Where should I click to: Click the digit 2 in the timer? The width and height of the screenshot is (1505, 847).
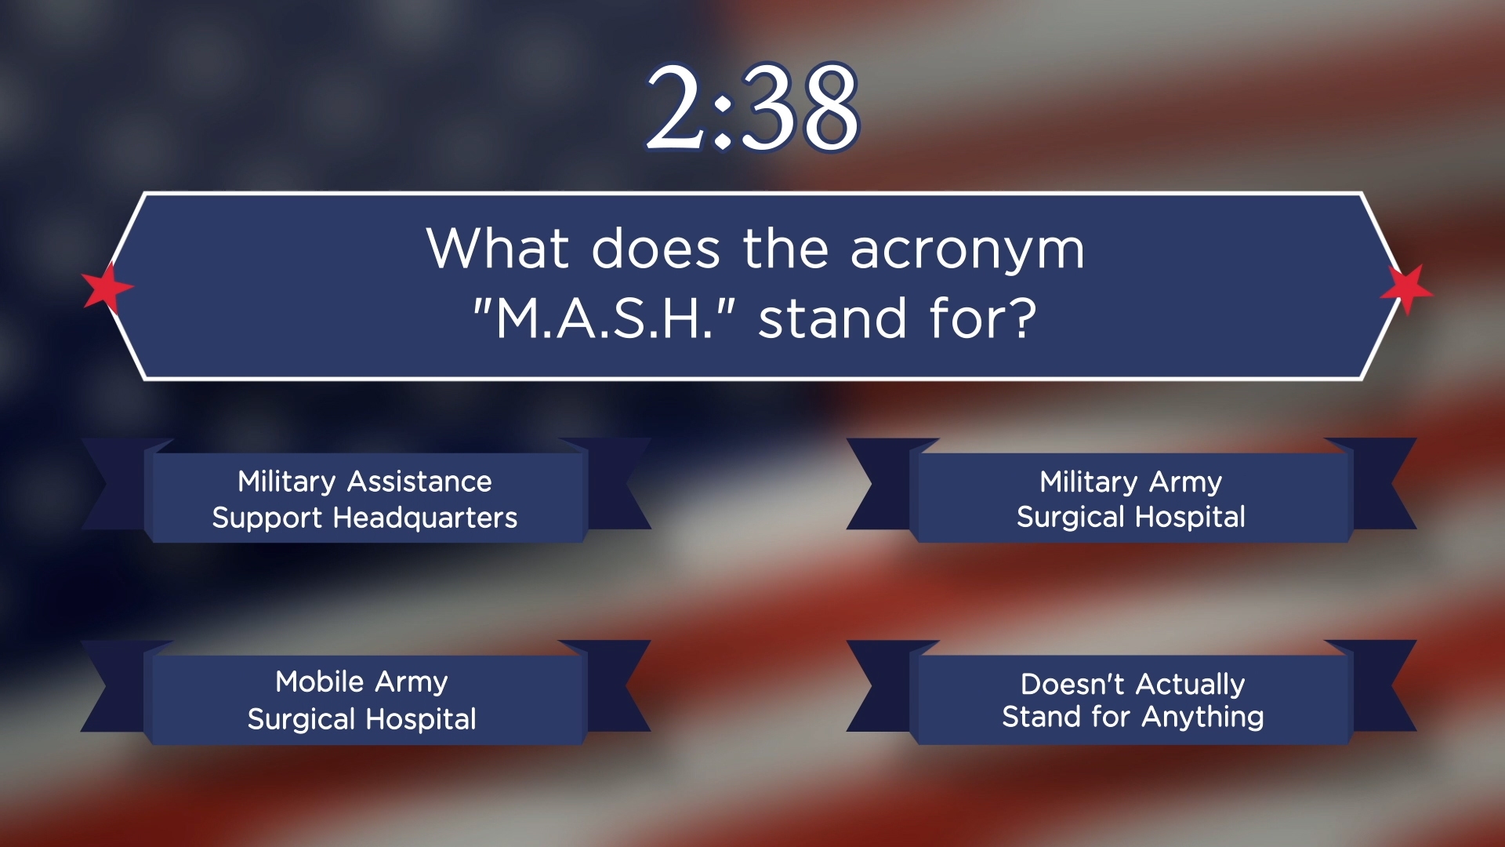coord(676,107)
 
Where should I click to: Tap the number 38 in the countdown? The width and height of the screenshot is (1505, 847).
coord(799,107)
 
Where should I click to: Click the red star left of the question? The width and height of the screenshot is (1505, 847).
coord(107,288)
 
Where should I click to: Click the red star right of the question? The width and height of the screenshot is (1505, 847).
coord(1406,290)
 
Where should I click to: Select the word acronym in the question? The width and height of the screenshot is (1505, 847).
coord(968,251)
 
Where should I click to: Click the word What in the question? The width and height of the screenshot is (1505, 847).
coord(498,248)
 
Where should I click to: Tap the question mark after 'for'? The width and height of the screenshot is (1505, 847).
coord(1022,318)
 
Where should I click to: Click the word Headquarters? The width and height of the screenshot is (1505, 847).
coord(425,518)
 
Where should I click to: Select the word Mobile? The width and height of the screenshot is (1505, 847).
coord(319,682)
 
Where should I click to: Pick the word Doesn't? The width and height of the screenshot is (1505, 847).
coord(1072,685)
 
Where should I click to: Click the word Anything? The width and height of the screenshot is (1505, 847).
coord(1202,718)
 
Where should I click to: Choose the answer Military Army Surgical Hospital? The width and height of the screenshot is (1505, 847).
coord(1131,499)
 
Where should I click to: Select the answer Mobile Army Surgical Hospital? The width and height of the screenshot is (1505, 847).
coord(362,700)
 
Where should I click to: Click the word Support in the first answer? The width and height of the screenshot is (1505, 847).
coord(268,518)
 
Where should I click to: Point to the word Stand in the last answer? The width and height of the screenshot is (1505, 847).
coord(1039,717)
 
